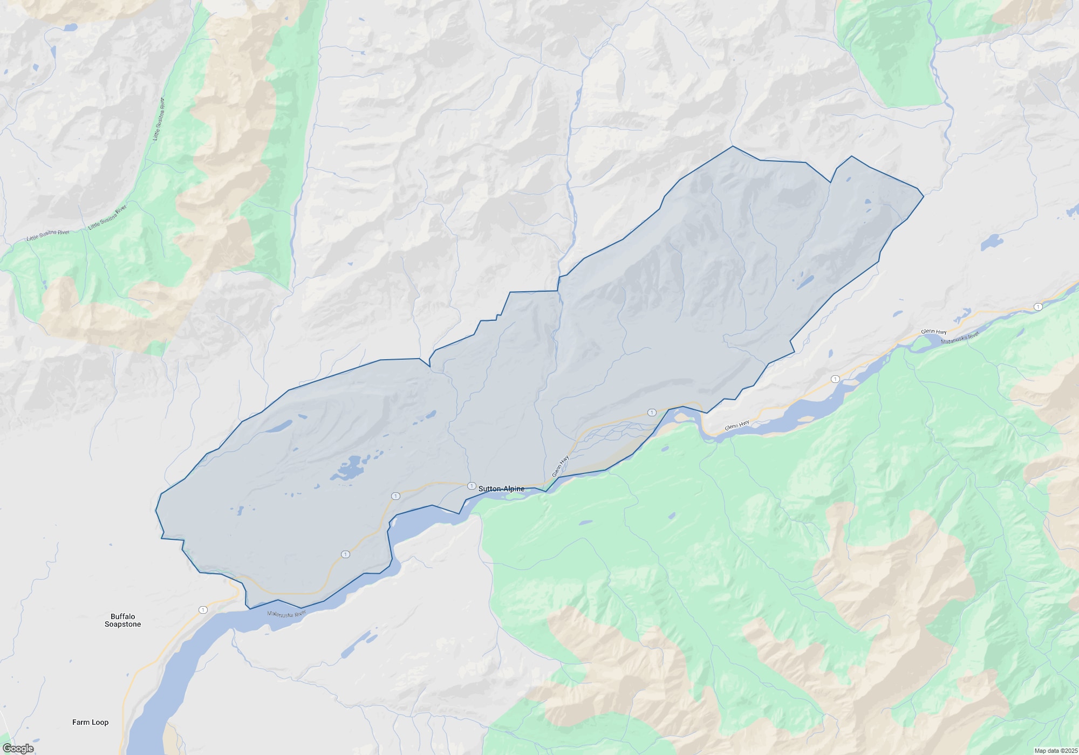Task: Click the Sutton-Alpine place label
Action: [x=501, y=489]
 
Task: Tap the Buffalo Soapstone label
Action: [x=122, y=620]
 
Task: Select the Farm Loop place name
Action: [x=90, y=722]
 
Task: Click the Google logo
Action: [x=18, y=749]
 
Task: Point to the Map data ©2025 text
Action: [x=1056, y=751]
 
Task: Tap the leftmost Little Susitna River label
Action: [x=48, y=235]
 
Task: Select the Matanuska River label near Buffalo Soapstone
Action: [x=287, y=614]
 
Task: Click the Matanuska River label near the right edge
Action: [x=960, y=339]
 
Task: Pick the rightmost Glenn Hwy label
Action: [x=934, y=332]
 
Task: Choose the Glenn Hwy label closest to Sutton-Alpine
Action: [x=561, y=466]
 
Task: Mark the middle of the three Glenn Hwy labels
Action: [x=737, y=425]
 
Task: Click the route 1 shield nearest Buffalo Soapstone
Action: [x=203, y=610]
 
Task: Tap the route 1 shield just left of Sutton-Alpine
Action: [x=472, y=486]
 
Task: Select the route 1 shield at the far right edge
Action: [x=1038, y=307]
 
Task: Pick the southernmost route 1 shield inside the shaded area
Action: [x=346, y=554]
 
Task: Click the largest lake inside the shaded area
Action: [x=348, y=468]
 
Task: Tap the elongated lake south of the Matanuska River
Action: [x=358, y=644]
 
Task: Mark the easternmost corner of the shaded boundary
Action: [x=924, y=196]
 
